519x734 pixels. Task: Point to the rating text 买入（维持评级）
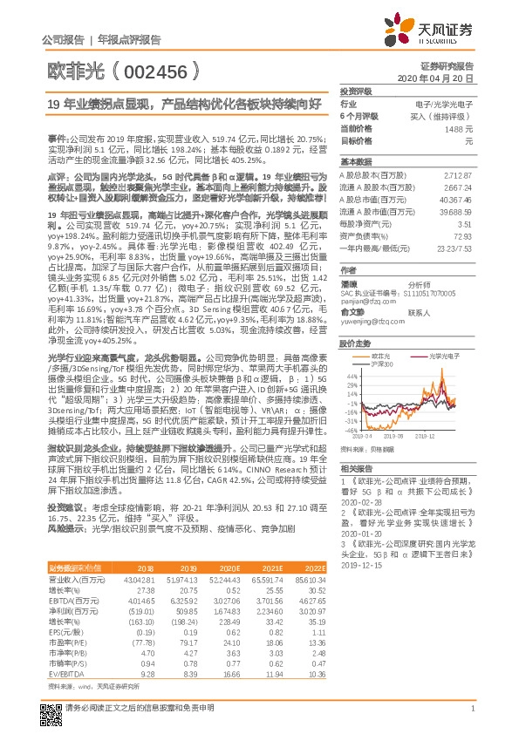click(x=445, y=116)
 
